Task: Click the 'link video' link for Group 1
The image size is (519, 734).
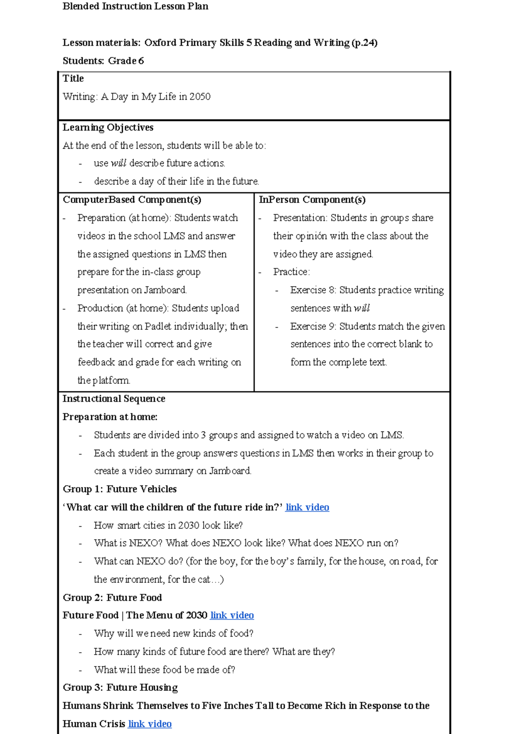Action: pyautogui.click(x=307, y=507)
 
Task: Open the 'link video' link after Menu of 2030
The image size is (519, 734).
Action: pyautogui.click(x=232, y=615)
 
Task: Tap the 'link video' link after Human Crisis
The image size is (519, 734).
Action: pyautogui.click(x=150, y=724)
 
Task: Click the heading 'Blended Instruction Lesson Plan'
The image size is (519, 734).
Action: pyautogui.click(x=135, y=6)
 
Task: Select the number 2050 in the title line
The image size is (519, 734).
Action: pyautogui.click(x=200, y=97)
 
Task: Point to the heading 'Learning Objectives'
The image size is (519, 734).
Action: pyautogui.click(x=108, y=128)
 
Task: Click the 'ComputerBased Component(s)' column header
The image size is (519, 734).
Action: pyautogui.click(x=132, y=200)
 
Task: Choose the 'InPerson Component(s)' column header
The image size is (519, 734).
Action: pyautogui.click(x=312, y=200)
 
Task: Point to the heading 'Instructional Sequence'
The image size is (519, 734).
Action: pyautogui.click(x=114, y=399)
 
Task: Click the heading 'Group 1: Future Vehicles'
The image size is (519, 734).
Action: pyautogui.click(x=120, y=489)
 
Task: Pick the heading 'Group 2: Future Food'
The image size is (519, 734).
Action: pyautogui.click(x=112, y=598)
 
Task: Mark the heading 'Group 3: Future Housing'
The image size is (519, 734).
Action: pyautogui.click(x=120, y=688)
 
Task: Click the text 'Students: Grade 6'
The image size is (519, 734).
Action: pyautogui.click(x=103, y=61)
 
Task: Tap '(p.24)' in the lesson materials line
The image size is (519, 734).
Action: pyautogui.click(x=365, y=43)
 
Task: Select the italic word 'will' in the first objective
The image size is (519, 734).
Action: pyautogui.click(x=118, y=163)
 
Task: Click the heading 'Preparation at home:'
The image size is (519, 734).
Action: pyautogui.click(x=110, y=417)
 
